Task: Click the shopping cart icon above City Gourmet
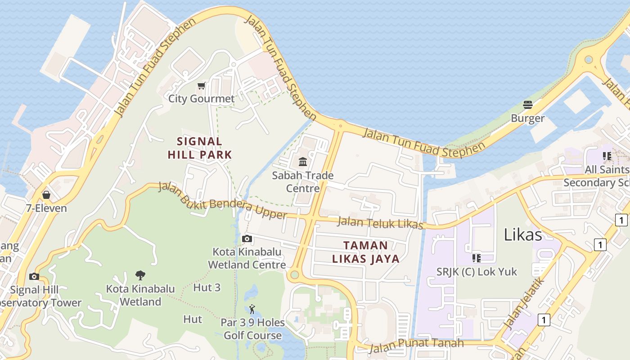201,86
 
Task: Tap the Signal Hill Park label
200,148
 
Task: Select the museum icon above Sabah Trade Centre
303,162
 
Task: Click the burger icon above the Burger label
528,105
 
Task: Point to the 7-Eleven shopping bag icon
46,195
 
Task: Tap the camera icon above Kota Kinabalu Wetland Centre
247,239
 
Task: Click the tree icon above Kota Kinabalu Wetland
140,275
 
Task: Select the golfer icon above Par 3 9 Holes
252,310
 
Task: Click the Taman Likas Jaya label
365,252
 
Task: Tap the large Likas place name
522,234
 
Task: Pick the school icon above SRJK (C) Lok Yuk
477,258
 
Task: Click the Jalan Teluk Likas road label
380,223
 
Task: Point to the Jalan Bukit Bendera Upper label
222,201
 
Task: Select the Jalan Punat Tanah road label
416,345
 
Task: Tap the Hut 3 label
207,287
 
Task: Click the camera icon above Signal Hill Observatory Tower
34,276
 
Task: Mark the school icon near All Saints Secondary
607,156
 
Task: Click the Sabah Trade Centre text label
302,182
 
